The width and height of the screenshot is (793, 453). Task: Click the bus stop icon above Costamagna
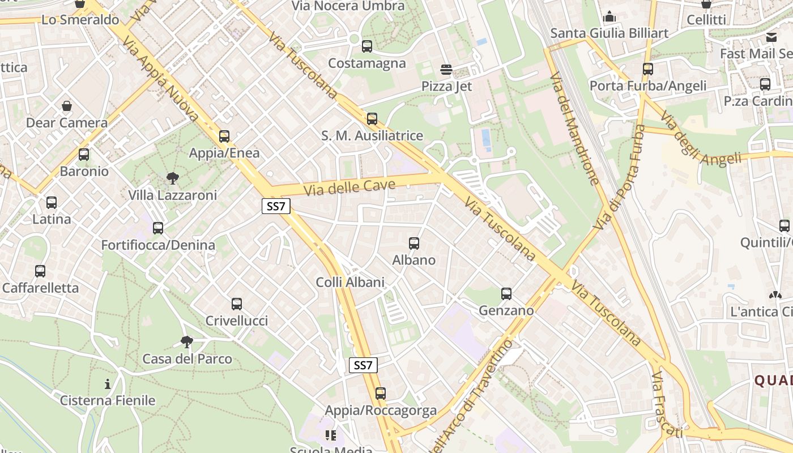(x=367, y=46)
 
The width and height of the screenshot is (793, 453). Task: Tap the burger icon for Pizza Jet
(x=446, y=70)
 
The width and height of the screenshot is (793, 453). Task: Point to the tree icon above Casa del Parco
(x=186, y=342)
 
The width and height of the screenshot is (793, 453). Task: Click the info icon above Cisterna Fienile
(x=108, y=384)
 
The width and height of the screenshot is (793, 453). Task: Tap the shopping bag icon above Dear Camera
(x=67, y=106)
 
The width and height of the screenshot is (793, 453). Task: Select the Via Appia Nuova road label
(x=160, y=80)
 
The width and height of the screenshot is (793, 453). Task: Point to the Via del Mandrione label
(x=574, y=129)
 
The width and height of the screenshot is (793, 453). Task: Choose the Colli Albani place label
(x=350, y=282)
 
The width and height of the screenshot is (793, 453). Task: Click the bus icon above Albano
(x=414, y=243)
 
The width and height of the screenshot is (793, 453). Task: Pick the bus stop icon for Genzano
(x=506, y=294)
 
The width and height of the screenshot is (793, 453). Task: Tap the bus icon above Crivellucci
(x=237, y=304)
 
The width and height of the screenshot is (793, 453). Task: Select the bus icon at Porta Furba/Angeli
(x=648, y=69)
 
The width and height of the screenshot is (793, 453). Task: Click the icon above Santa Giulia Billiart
(x=609, y=17)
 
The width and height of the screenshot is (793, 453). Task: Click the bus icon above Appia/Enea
(x=224, y=136)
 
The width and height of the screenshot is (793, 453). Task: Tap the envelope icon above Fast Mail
(x=771, y=37)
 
